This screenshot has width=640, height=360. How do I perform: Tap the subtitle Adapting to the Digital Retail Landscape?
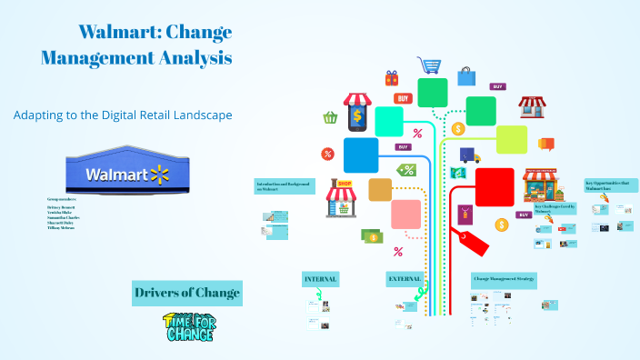(123, 115)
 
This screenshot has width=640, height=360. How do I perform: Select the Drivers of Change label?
(187, 292)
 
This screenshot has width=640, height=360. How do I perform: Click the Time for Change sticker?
(188, 327)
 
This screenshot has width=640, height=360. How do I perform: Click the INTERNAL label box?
(321, 278)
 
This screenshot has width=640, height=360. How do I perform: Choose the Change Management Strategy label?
(503, 278)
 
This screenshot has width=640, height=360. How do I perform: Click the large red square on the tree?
(495, 187)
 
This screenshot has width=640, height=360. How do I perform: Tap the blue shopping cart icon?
(428, 65)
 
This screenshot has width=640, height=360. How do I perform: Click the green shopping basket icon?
(330, 117)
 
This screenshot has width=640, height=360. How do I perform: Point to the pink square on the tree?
(405, 215)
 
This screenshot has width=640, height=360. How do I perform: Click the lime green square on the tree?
(512, 139)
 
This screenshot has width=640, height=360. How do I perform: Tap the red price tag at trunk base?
(474, 242)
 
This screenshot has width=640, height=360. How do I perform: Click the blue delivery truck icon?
(469, 155)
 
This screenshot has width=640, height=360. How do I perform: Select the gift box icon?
(392, 78)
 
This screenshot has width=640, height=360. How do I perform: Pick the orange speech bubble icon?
(546, 144)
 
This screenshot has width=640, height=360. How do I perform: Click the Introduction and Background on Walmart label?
(285, 185)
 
